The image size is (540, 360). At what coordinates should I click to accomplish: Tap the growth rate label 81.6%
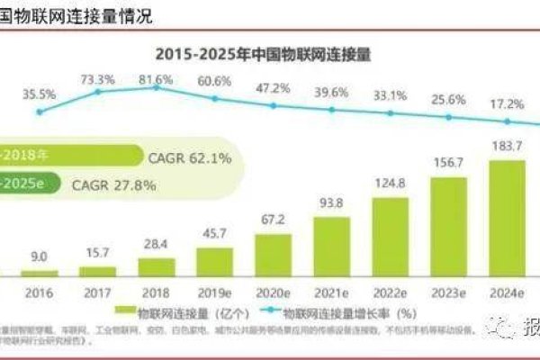[x=156, y=80]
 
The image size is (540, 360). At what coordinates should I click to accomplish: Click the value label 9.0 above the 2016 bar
[x=39, y=256]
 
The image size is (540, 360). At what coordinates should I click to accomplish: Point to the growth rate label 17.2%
[x=506, y=105]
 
